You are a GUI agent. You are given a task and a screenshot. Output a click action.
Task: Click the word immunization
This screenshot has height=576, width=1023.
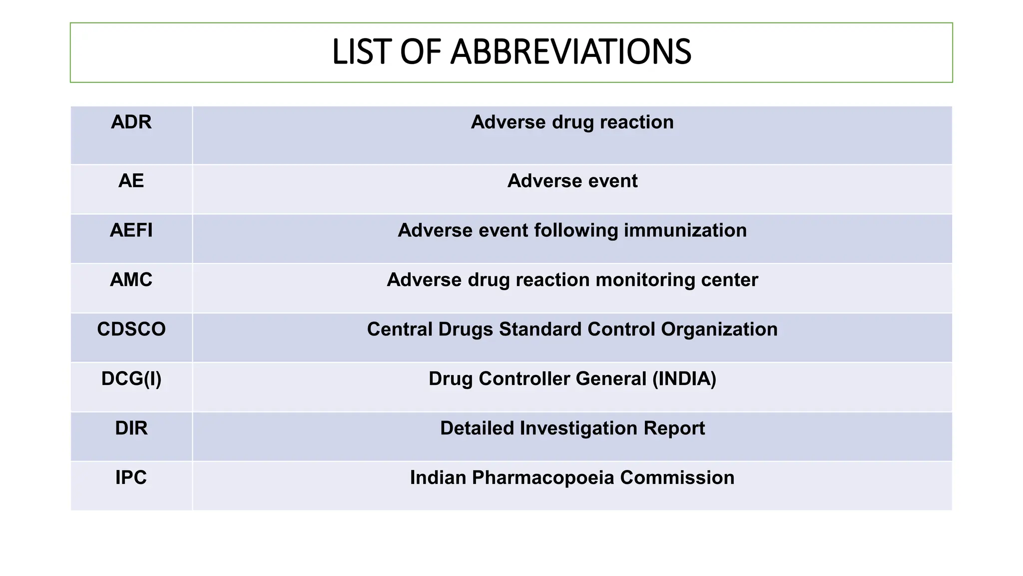pos(685,230)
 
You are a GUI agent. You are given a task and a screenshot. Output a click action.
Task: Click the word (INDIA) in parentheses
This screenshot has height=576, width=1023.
pos(684,379)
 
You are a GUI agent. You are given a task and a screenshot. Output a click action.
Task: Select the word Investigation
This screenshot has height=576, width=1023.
pos(578,428)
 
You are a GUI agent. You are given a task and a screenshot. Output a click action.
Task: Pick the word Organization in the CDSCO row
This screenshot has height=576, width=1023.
pos(719,329)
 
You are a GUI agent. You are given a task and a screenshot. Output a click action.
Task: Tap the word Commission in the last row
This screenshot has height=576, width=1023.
pos(677,478)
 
